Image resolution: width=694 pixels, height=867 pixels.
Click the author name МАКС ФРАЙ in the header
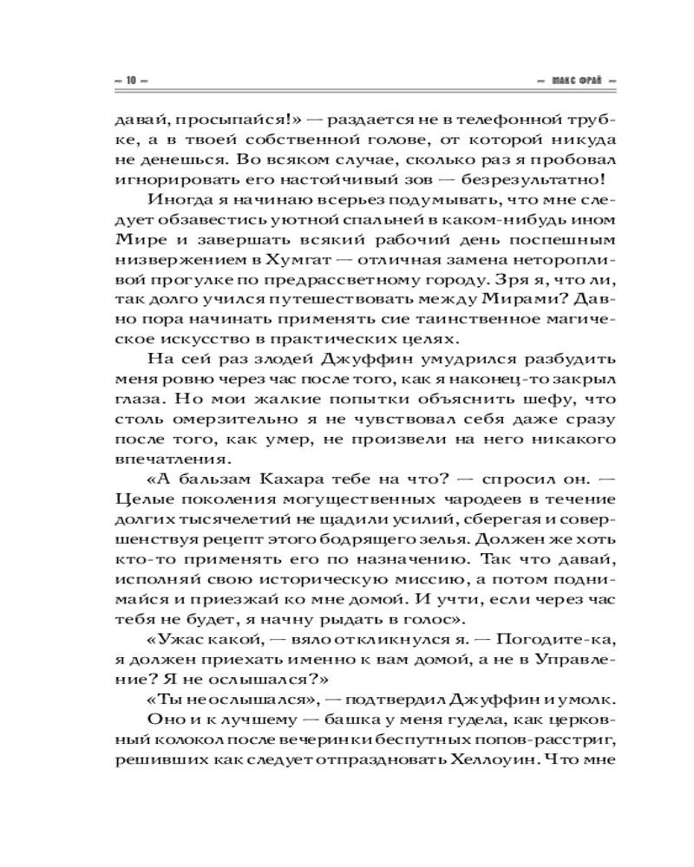pyautogui.click(x=575, y=81)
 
